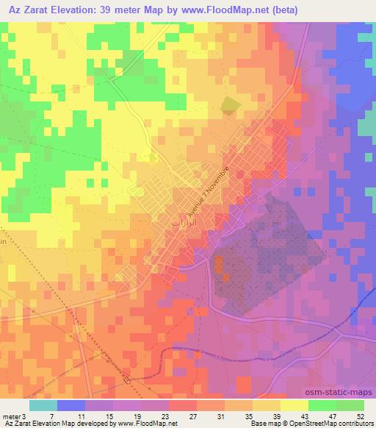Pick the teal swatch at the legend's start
43,405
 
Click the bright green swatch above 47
322,405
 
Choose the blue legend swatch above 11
71,405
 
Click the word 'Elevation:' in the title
79,10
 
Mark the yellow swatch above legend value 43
294,405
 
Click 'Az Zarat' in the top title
27,10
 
